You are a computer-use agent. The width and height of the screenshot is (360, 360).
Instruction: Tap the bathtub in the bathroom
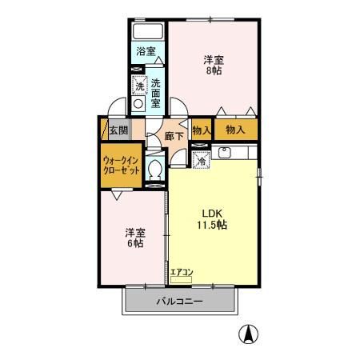pyautogui.click(x=148, y=32)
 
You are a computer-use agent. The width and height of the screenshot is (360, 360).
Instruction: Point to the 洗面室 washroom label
pyautogui.click(x=155, y=93)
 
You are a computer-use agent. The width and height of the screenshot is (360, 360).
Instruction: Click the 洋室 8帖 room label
pyautogui.click(x=212, y=64)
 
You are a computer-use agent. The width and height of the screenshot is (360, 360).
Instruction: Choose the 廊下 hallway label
pyautogui.click(x=174, y=136)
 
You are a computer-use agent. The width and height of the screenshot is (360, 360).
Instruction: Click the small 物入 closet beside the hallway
pyautogui.click(x=202, y=130)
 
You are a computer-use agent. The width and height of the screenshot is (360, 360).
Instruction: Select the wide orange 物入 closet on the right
pyautogui.click(x=235, y=129)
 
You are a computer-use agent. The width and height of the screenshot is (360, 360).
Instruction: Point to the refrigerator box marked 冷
pyautogui.click(x=201, y=158)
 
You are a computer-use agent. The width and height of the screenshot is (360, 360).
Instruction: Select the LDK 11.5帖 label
pyautogui.click(x=214, y=219)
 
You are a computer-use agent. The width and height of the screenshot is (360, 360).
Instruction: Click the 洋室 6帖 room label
pyautogui.click(x=133, y=238)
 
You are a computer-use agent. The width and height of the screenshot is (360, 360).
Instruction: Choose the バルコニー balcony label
pyautogui.click(x=179, y=302)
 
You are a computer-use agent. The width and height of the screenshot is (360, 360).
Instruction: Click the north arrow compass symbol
pyautogui.click(x=250, y=334)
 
